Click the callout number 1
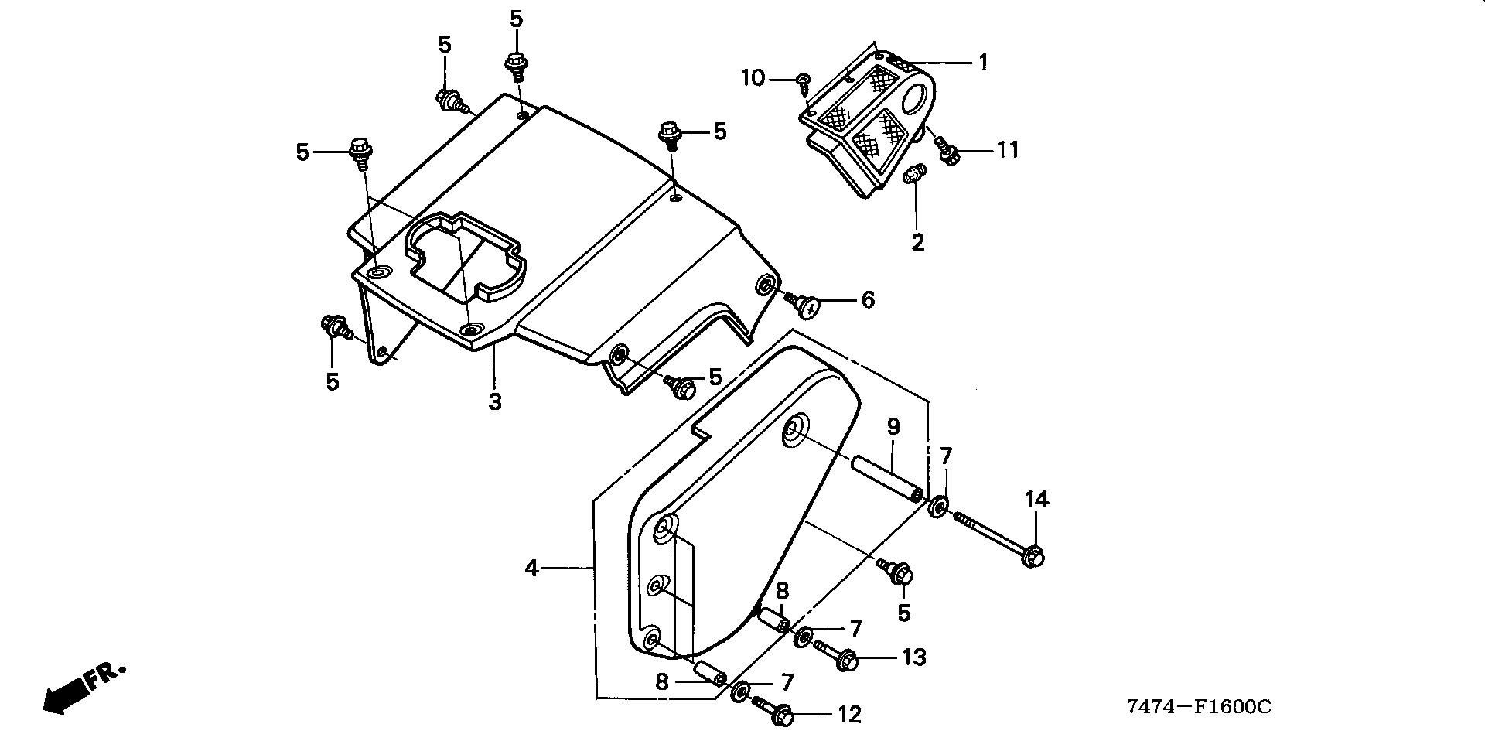pos(983,62)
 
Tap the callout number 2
pos(917,242)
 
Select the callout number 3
pos(494,401)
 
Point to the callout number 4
pos(531,569)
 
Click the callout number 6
pos(868,299)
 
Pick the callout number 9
pos(893,426)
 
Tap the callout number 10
pos(753,78)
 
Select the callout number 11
pos(1007,149)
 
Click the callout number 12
pos(849,714)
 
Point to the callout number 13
pos(913,657)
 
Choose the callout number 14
pos(1037,500)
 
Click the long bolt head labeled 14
pos(1033,556)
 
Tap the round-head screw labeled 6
pos(808,307)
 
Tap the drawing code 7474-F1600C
pos(1198,706)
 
